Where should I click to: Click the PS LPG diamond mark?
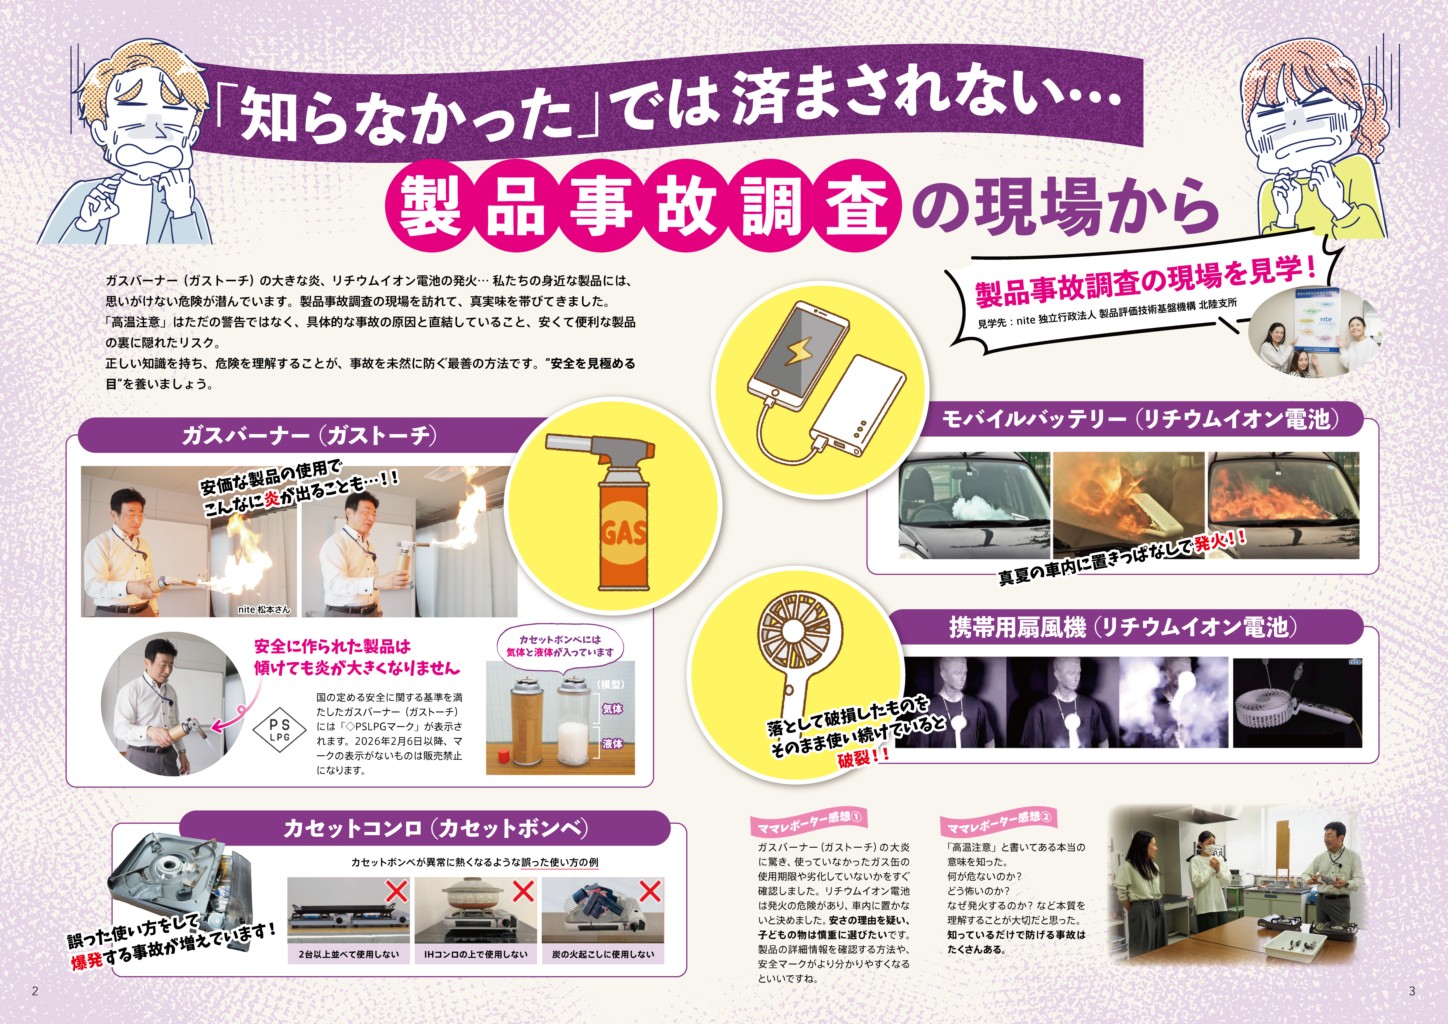pyautogui.click(x=279, y=732)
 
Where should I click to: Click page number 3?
pyautogui.click(x=1412, y=991)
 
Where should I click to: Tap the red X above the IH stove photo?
pyautogui.click(x=523, y=891)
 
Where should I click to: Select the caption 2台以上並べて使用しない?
pyautogui.click(x=349, y=954)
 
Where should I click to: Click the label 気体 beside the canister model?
pyautogui.click(x=612, y=709)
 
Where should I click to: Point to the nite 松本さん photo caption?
pyautogui.click(x=264, y=609)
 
